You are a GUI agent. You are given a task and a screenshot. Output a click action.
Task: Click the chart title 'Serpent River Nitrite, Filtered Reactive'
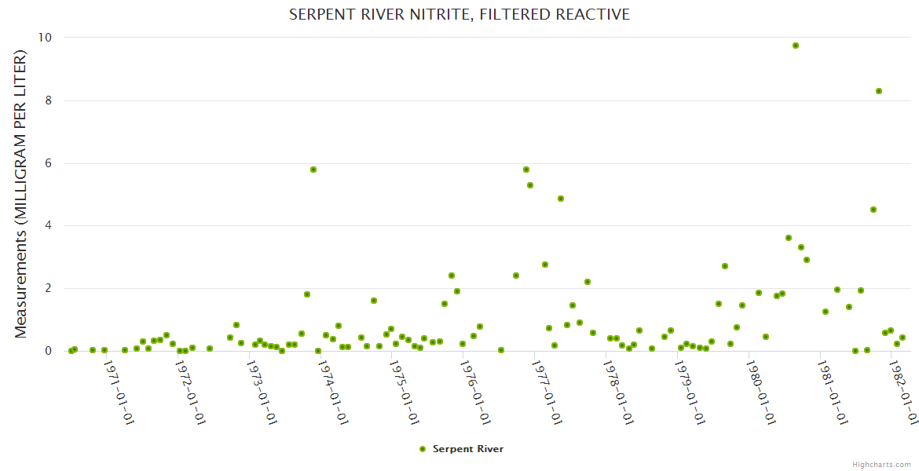coord(459,15)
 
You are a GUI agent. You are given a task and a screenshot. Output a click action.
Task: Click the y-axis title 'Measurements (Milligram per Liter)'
coord(20,194)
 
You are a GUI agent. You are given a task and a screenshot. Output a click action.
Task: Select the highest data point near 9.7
coord(796,46)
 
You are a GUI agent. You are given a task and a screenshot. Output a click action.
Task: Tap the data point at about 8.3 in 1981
coord(879,91)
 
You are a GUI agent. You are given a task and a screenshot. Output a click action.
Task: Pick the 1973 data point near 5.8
coord(313,170)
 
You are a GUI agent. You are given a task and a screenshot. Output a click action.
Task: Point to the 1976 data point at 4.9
coord(561,199)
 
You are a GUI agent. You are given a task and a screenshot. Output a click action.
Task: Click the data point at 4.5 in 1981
coord(873,210)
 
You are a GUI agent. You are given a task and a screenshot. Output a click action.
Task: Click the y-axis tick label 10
coord(46,38)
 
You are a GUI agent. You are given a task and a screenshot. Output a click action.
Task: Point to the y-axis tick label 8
coord(49,100)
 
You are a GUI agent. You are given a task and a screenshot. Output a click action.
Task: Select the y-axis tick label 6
coord(49,163)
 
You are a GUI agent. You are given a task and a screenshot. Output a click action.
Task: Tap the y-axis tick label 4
coord(49,225)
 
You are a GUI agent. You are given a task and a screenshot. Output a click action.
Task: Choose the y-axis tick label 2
coord(49,288)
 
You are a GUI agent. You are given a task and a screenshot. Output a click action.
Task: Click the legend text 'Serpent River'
coord(468,449)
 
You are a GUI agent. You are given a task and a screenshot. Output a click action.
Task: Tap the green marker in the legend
coord(423,449)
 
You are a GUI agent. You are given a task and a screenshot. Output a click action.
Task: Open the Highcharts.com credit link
coord(881,464)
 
